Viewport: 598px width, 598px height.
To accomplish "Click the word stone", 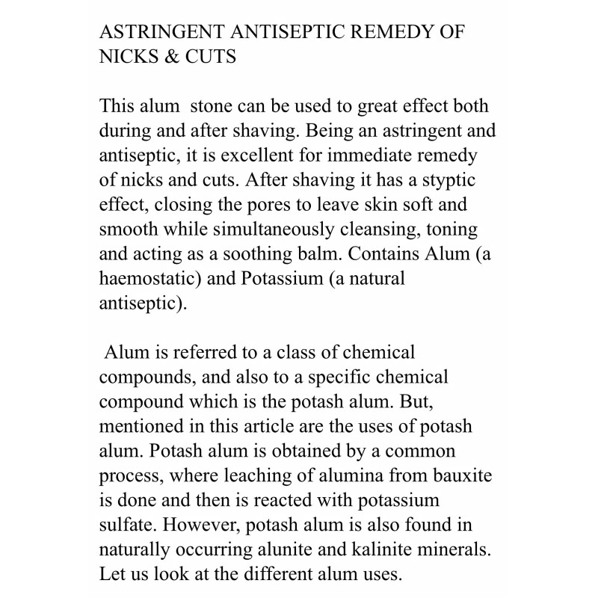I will tap(222, 107).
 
